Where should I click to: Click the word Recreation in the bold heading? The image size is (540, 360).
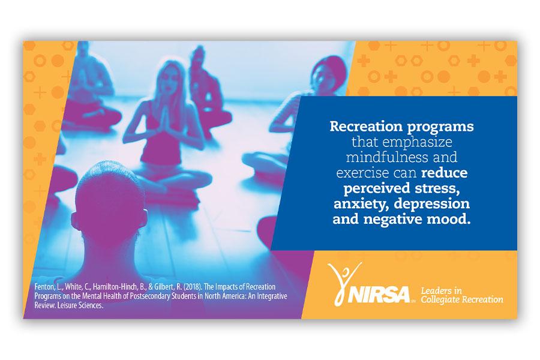366,126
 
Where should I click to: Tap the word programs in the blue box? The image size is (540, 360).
440,127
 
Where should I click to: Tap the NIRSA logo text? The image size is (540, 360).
379,295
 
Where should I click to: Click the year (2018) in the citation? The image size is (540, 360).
193,287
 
